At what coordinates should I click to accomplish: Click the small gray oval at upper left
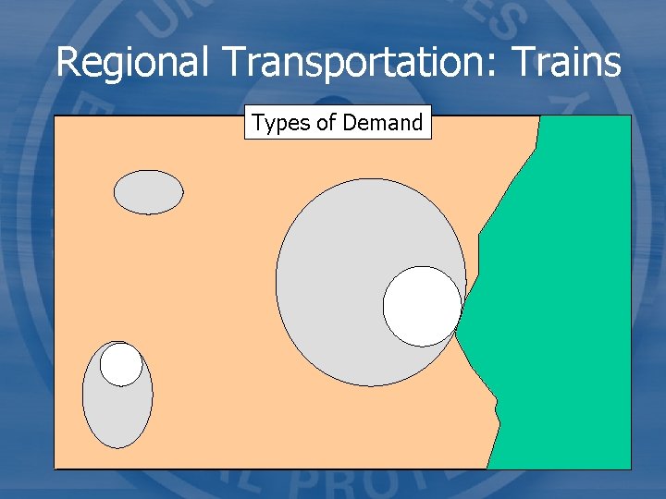tap(148, 192)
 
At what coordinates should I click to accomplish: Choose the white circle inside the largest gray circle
tap(422, 306)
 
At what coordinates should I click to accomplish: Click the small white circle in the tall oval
tap(121, 364)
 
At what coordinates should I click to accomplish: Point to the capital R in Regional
tap(67, 63)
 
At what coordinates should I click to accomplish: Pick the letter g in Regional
tap(111, 67)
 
